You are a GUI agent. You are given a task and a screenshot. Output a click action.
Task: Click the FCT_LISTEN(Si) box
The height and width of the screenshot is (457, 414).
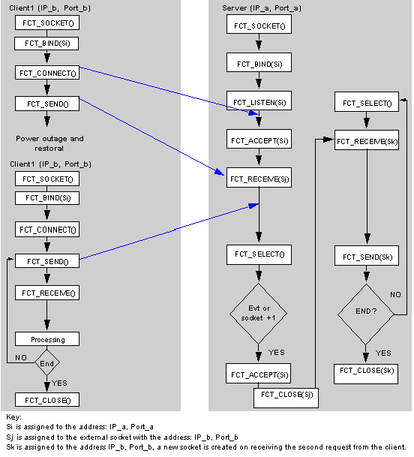(x=259, y=101)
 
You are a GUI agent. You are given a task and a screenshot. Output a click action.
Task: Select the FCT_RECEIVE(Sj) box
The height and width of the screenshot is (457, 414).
(x=259, y=178)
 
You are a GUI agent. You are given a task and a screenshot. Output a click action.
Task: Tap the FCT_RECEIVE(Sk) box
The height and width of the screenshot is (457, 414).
(x=367, y=140)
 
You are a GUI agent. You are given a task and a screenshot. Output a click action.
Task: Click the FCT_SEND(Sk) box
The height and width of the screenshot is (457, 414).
(x=367, y=256)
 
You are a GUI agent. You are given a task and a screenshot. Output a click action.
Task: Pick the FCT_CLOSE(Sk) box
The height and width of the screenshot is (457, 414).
(x=366, y=374)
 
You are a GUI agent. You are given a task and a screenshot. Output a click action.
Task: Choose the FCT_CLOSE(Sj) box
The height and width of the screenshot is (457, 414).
(x=286, y=398)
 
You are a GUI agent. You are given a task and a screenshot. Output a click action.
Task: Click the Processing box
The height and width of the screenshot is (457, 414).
(x=47, y=339)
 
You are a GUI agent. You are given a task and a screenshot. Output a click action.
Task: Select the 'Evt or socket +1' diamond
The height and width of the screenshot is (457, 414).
(x=259, y=314)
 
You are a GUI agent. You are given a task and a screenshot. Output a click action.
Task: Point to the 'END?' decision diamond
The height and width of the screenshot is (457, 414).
(x=366, y=314)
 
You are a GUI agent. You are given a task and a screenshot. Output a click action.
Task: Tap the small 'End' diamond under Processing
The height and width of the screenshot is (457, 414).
(x=47, y=362)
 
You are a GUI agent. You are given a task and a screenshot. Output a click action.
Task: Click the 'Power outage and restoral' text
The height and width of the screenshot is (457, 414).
(x=49, y=143)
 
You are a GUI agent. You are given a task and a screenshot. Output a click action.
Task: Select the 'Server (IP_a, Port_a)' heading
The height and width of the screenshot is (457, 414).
(x=262, y=8)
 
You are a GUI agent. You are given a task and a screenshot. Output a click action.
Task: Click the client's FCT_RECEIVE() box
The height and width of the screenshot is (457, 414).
(x=47, y=293)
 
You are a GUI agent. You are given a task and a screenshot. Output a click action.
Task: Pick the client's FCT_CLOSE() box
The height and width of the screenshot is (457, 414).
(x=47, y=399)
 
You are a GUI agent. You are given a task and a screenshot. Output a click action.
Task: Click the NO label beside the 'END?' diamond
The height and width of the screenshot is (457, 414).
(x=395, y=295)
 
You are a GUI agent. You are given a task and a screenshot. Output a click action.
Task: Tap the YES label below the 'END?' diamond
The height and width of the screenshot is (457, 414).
(x=383, y=353)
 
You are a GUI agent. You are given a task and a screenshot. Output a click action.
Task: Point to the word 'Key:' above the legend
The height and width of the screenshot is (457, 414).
(x=13, y=417)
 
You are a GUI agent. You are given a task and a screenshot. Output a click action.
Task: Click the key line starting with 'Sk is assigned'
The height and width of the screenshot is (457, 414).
(x=206, y=447)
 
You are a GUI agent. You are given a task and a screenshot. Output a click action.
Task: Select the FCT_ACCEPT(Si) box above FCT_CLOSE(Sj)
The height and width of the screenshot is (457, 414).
(x=259, y=374)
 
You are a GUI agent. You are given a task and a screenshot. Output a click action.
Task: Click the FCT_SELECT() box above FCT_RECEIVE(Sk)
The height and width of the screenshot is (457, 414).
(x=367, y=102)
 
